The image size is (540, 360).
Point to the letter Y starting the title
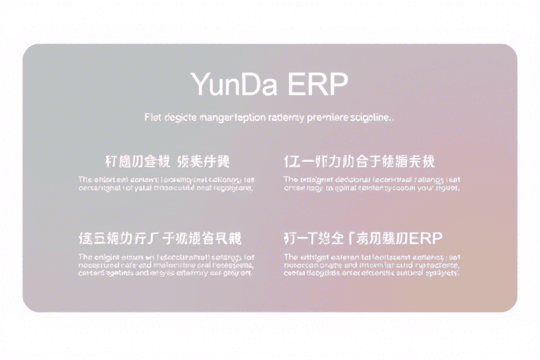[x=199, y=84]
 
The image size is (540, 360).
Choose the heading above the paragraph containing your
[x=359, y=160]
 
